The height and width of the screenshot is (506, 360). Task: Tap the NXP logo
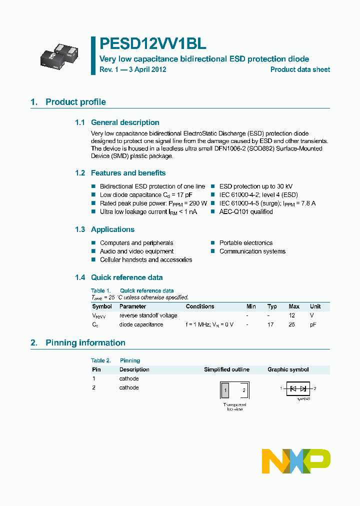(x=296, y=461)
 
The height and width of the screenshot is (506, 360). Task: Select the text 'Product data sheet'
(x=300, y=69)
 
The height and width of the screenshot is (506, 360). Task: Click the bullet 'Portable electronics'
(x=246, y=243)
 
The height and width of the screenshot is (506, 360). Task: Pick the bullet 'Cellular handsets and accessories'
(x=146, y=260)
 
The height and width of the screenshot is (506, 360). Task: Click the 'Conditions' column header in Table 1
(x=200, y=306)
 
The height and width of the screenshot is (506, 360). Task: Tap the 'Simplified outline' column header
(x=226, y=370)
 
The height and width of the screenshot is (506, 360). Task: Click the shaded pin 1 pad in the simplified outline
(x=226, y=390)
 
